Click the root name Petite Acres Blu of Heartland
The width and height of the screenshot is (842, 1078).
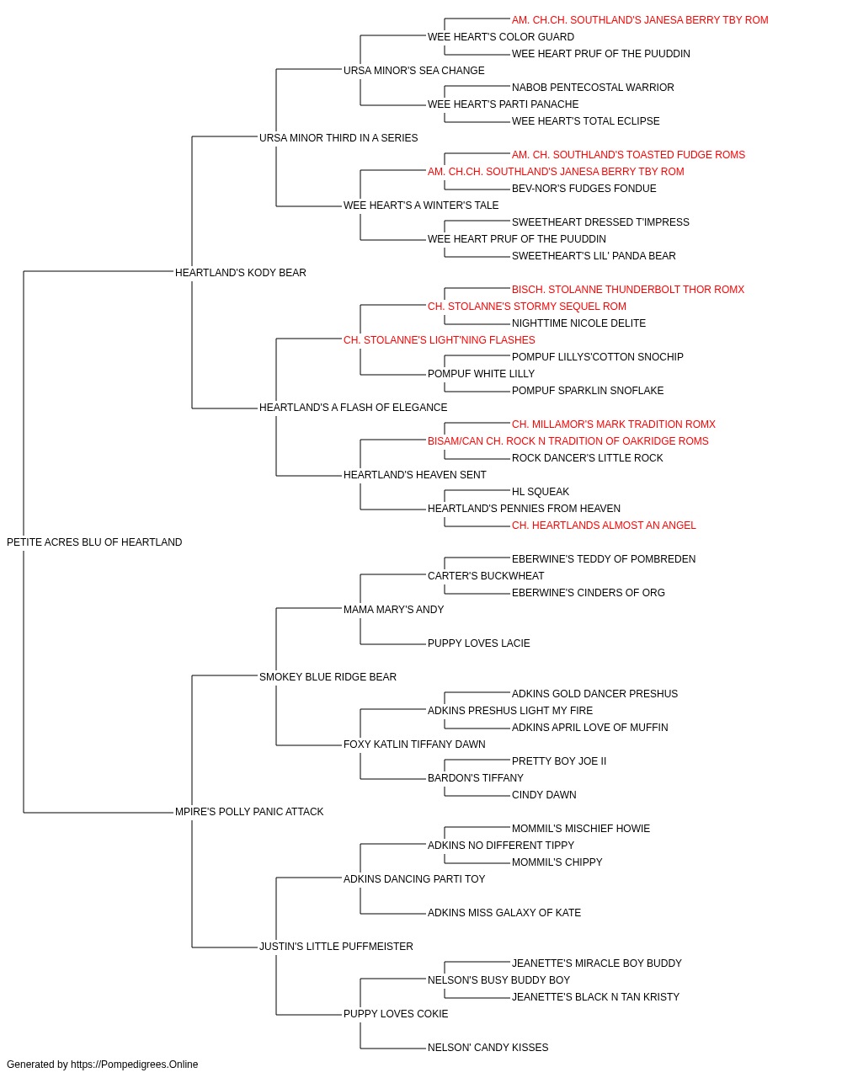94,542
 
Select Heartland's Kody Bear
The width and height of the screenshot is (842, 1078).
241,273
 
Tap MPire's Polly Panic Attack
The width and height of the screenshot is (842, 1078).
249,812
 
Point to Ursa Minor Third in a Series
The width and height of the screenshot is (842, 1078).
338,138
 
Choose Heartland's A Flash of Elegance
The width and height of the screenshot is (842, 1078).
353,408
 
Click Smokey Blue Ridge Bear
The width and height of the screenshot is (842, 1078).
328,677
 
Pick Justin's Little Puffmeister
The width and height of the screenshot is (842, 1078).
336,947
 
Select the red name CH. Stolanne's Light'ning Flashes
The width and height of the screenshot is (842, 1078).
440,340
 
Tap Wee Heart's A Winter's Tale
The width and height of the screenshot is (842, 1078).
421,205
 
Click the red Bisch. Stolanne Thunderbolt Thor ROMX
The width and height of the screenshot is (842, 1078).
628,290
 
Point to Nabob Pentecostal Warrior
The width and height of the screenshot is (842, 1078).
593,88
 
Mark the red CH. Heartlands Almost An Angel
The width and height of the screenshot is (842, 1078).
604,526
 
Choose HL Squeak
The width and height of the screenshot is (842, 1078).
540,492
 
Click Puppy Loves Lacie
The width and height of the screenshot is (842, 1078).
478,643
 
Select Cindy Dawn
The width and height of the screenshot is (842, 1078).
544,795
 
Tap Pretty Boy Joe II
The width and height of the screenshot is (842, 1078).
559,761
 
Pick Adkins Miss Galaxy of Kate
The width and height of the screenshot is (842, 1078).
504,913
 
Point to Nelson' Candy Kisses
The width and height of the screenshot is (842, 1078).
488,1048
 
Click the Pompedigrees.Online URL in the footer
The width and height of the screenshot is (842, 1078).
135,1065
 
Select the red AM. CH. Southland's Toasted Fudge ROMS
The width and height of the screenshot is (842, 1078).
628,155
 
